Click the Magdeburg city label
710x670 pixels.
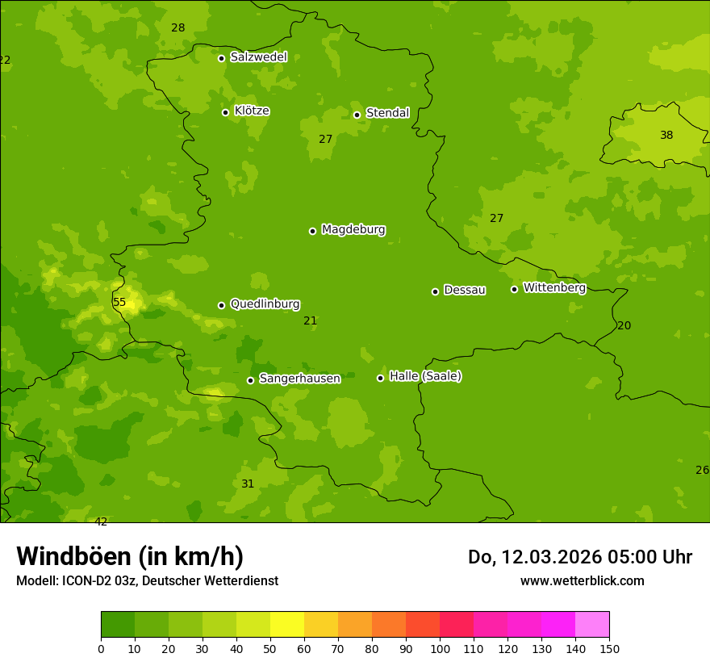click(353, 230)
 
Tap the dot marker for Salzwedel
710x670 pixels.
click(221, 58)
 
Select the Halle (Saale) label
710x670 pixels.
click(425, 376)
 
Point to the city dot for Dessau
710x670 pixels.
click(435, 291)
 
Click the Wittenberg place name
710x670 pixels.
click(554, 287)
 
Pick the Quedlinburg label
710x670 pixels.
click(265, 304)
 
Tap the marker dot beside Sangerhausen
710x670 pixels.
click(250, 380)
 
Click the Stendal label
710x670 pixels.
click(387, 113)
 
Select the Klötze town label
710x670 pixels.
click(252, 111)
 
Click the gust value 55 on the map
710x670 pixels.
click(119, 303)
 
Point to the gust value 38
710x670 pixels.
click(666, 136)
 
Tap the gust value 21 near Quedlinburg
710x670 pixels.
click(310, 321)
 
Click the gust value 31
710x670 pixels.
click(248, 484)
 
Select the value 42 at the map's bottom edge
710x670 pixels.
click(101, 521)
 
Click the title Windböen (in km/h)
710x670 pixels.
click(130, 556)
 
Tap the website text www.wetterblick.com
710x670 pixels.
click(582, 581)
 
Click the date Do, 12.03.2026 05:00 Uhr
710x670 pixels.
click(579, 557)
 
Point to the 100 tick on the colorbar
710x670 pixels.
click(440, 648)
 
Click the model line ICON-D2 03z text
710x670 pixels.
click(147, 581)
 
